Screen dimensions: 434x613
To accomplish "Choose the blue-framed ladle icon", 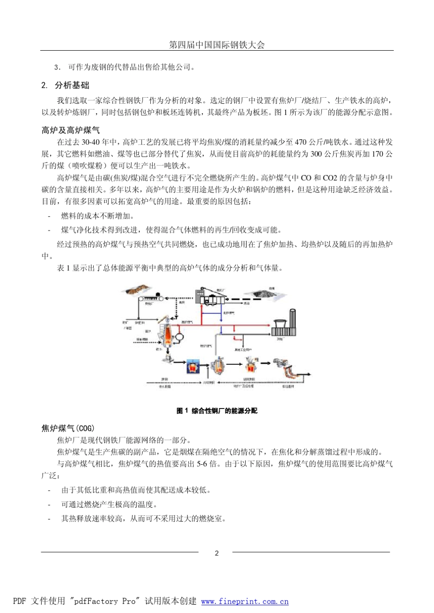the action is click(x=193, y=366).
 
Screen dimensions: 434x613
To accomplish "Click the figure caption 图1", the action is click(x=217, y=411).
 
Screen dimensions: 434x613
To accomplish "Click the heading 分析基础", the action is click(x=72, y=85).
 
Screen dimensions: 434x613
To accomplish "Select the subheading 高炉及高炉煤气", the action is click(x=70, y=131).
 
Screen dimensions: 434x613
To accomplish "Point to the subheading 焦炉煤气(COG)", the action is click(x=68, y=428).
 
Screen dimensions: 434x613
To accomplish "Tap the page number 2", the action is click(x=217, y=553).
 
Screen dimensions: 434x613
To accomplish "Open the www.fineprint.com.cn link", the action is click(x=245, y=601).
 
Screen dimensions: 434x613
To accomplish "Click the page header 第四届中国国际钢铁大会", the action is click(x=217, y=45).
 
